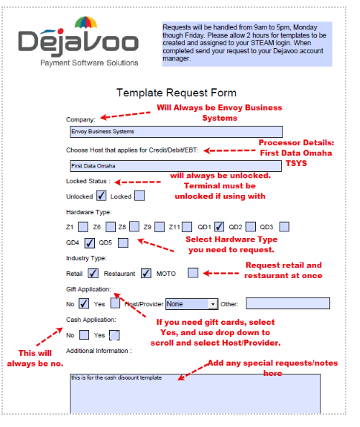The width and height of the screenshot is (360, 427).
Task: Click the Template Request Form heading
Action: click(x=176, y=93)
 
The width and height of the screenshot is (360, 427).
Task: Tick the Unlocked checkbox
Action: click(x=101, y=196)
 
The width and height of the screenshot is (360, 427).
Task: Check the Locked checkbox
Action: click(x=139, y=196)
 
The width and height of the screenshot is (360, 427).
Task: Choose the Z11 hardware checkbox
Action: click(x=186, y=226)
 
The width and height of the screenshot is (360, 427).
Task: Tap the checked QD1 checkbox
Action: click(x=220, y=226)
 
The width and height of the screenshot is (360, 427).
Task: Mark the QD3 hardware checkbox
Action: click(x=285, y=226)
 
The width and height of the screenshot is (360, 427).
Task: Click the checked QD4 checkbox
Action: click(x=90, y=242)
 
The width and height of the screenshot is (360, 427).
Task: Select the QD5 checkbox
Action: click(x=123, y=242)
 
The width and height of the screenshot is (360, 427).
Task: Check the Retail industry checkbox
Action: click(x=93, y=273)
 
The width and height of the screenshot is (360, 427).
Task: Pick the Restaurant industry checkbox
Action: click(x=146, y=273)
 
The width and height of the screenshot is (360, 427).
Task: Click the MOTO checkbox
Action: click(x=193, y=273)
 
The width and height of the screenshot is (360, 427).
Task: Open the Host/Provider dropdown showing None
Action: click(x=192, y=303)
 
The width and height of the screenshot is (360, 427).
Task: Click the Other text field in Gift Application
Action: click(x=287, y=303)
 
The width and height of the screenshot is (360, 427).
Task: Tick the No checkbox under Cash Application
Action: click(x=83, y=334)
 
